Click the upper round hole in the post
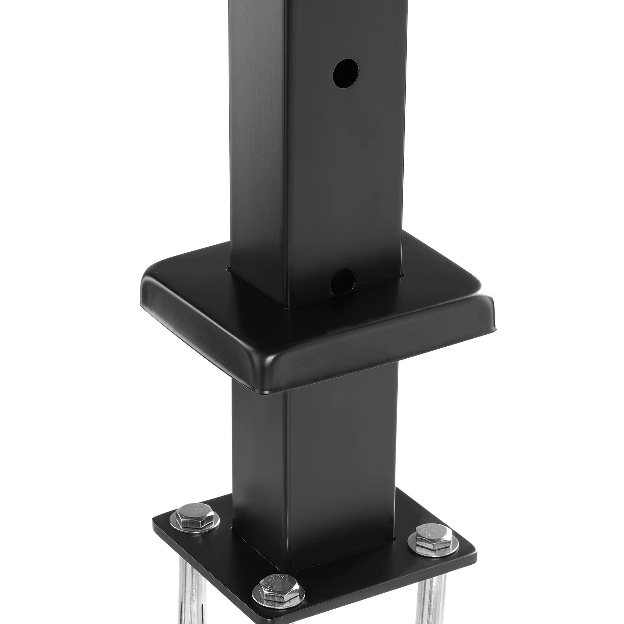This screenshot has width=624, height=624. pos(346,73)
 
